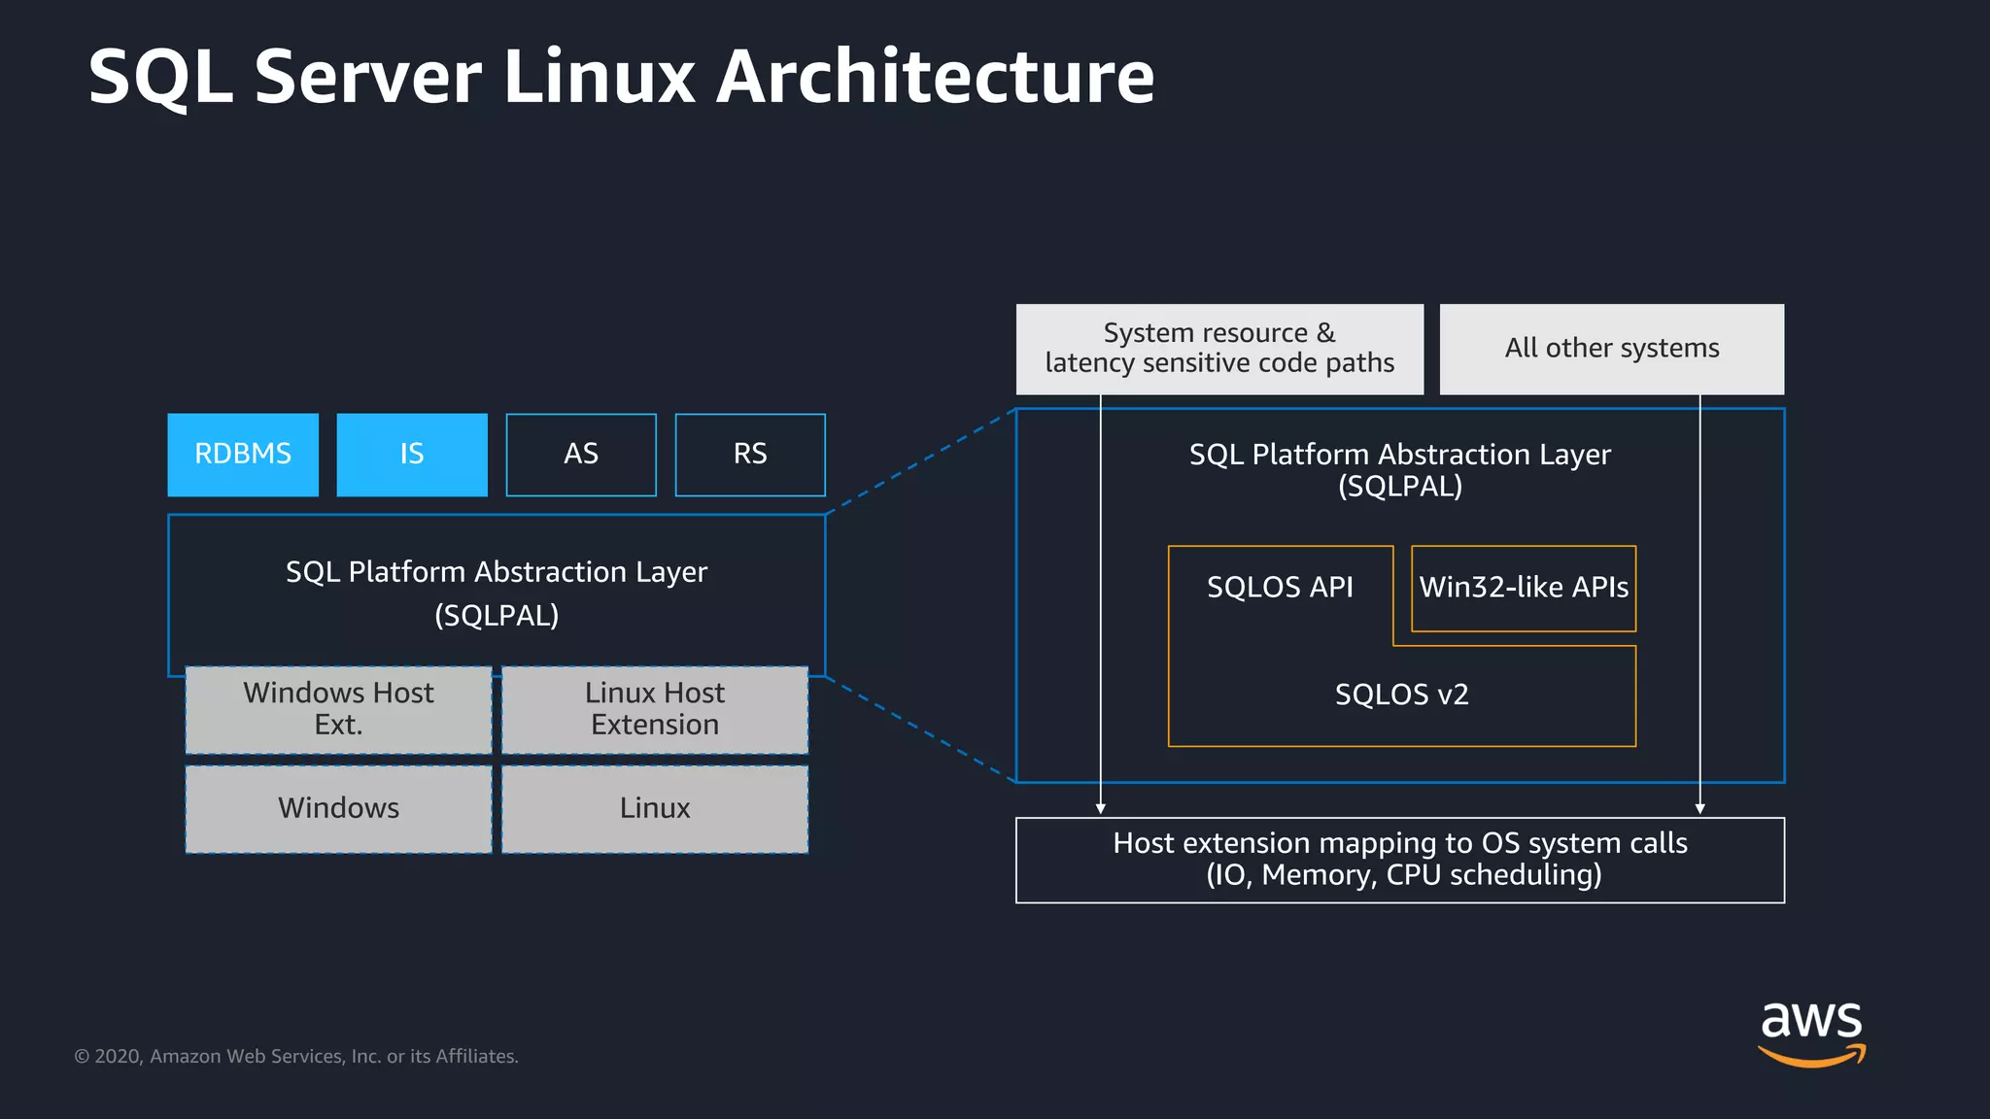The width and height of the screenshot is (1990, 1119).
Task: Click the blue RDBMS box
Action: click(x=243, y=455)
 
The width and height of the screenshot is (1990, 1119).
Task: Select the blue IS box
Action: click(x=412, y=455)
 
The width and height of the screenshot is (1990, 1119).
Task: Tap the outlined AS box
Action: click(x=581, y=455)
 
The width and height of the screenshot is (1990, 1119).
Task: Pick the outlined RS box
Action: click(x=750, y=455)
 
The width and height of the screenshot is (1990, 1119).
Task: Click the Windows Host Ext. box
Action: click(x=338, y=709)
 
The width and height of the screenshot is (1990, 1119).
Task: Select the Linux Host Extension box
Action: click(x=655, y=709)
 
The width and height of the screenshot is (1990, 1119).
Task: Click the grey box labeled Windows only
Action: click(x=338, y=808)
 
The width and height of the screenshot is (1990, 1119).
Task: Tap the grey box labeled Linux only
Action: click(x=655, y=808)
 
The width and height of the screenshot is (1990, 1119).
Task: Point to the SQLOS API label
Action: click(x=1280, y=587)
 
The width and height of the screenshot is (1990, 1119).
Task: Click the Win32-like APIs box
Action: click(x=1524, y=588)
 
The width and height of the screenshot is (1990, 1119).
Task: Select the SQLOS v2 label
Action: click(x=1401, y=695)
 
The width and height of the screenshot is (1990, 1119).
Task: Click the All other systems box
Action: click(x=1611, y=349)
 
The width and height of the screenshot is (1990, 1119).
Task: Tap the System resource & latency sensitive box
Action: click(x=1219, y=349)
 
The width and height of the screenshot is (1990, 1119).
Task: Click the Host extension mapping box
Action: click(x=1399, y=860)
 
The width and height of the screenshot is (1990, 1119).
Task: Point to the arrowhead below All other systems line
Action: click(x=1699, y=808)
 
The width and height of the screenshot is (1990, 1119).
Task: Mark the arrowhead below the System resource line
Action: click(x=1100, y=808)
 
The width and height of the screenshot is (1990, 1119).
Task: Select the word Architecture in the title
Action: click(x=935, y=78)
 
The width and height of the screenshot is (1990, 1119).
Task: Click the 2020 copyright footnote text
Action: click(x=296, y=1056)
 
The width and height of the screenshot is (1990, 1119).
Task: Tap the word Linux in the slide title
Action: click(x=599, y=78)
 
